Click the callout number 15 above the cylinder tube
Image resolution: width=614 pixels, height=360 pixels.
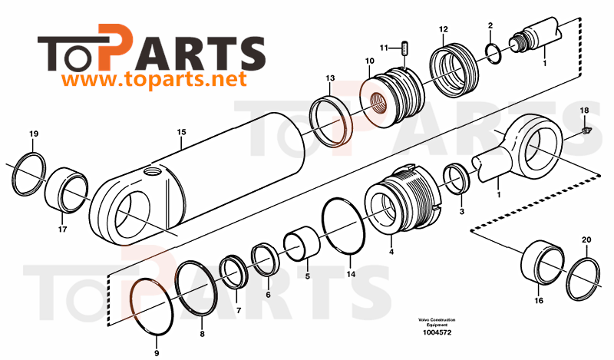click(181, 132)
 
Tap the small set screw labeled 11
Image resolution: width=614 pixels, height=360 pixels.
click(404, 50)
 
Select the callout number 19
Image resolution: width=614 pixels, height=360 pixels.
click(33, 135)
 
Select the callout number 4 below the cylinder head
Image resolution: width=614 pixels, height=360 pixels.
click(391, 251)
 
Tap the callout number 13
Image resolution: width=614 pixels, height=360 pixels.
click(329, 78)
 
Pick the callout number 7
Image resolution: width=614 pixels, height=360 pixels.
click(238, 310)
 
